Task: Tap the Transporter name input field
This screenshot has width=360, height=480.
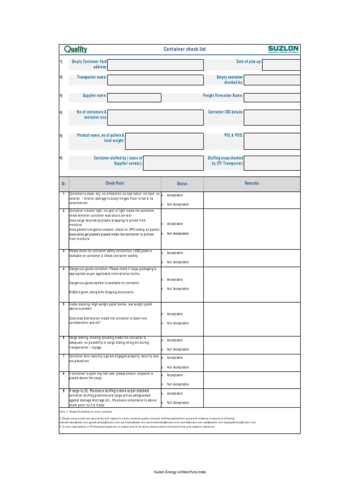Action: (x=156, y=80)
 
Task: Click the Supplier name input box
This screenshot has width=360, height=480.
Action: (x=134, y=97)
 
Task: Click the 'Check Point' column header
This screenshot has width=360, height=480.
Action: (x=115, y=183)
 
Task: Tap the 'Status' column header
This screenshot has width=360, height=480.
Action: (x=182, y=184)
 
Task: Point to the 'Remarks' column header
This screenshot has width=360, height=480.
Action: (x=252, y=183)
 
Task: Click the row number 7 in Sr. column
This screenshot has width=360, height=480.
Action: (x=64, y=356)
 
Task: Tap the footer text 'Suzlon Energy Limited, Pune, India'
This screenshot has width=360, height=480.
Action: (x=180, y=471)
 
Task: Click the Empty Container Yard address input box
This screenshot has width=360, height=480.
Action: (x=156, y=65)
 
